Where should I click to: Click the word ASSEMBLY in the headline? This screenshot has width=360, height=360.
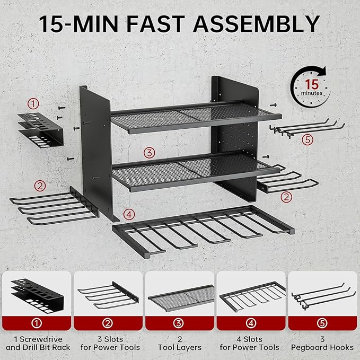point(257,24)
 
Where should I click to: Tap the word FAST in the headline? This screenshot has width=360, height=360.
point(155,24)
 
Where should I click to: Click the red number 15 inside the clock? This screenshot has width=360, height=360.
point(312,84)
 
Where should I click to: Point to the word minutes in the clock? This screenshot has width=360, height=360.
point(312,93)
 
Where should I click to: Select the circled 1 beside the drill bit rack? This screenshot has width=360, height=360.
point(33,104)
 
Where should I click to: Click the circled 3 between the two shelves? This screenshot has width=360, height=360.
point(149,153)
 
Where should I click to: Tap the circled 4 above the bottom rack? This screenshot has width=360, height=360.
point(129,215)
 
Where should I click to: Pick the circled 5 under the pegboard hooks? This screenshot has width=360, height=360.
point(308,139)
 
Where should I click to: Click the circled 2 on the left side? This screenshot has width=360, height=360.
point(40,186)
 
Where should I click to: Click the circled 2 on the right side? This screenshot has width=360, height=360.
point(286,197)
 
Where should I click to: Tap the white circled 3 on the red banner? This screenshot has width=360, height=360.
point(178,323)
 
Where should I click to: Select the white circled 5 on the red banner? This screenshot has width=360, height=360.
point(322,323)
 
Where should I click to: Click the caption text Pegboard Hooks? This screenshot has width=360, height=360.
point(322,348)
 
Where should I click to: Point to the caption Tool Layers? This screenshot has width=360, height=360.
point(180,348)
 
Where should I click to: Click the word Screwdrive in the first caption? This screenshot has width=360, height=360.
point(41,339)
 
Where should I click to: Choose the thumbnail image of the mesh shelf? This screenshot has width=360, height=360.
point(181,298)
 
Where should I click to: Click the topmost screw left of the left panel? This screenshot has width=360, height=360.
point(62,108)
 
